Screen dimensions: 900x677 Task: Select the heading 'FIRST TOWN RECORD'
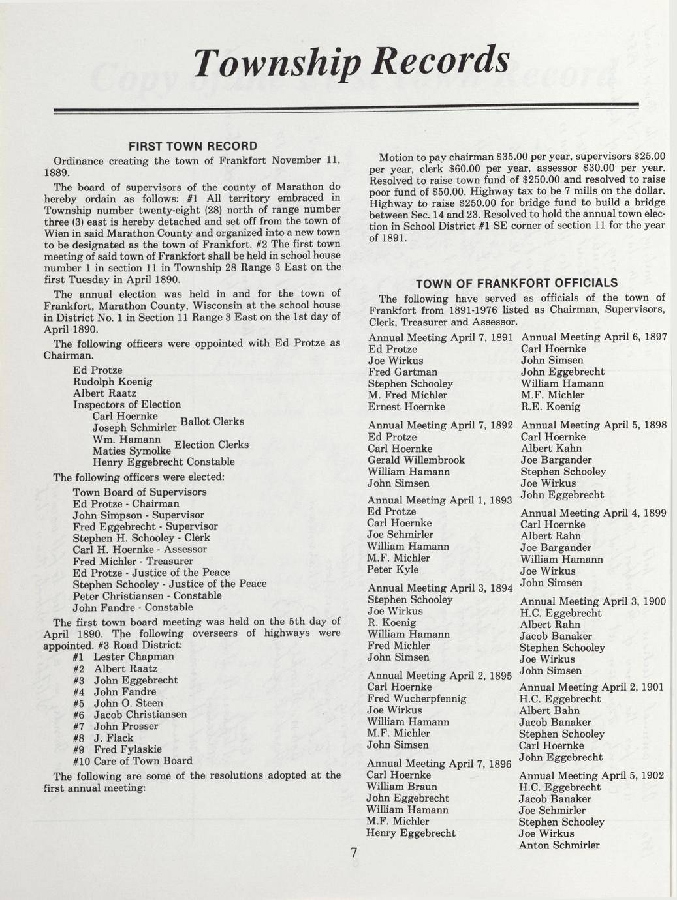tap(193, 145)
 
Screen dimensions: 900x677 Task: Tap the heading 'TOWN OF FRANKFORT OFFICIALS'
tap(516, 283)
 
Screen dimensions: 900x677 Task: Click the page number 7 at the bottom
tap(354, 852)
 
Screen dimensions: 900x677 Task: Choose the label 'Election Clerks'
tap(212, 445)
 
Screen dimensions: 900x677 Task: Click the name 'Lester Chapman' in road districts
tap(134, 657)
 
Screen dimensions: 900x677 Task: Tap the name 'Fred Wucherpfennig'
tap(417, 698)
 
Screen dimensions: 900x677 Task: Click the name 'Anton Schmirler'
tap(559, 845)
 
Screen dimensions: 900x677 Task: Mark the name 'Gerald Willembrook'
tap(416, 460)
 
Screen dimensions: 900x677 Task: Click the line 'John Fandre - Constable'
tap(133, 607)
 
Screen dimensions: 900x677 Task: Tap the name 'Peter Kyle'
tap(393, 569)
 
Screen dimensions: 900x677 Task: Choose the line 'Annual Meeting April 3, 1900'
tap(592, 601)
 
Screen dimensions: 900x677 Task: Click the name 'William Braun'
tap(401, 787)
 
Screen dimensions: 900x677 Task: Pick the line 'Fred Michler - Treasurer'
tap(133, 561)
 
